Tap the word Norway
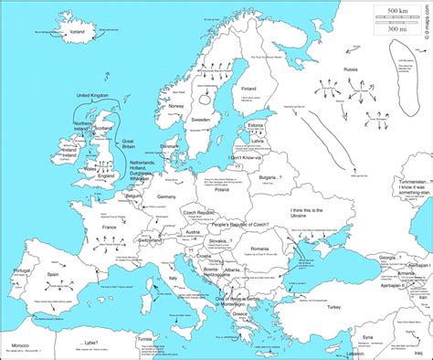(176, 105)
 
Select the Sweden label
(202, 119)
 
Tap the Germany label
(166, 196)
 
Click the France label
(110, 225)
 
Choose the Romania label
(262, 248)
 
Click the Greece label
(239, 313)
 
